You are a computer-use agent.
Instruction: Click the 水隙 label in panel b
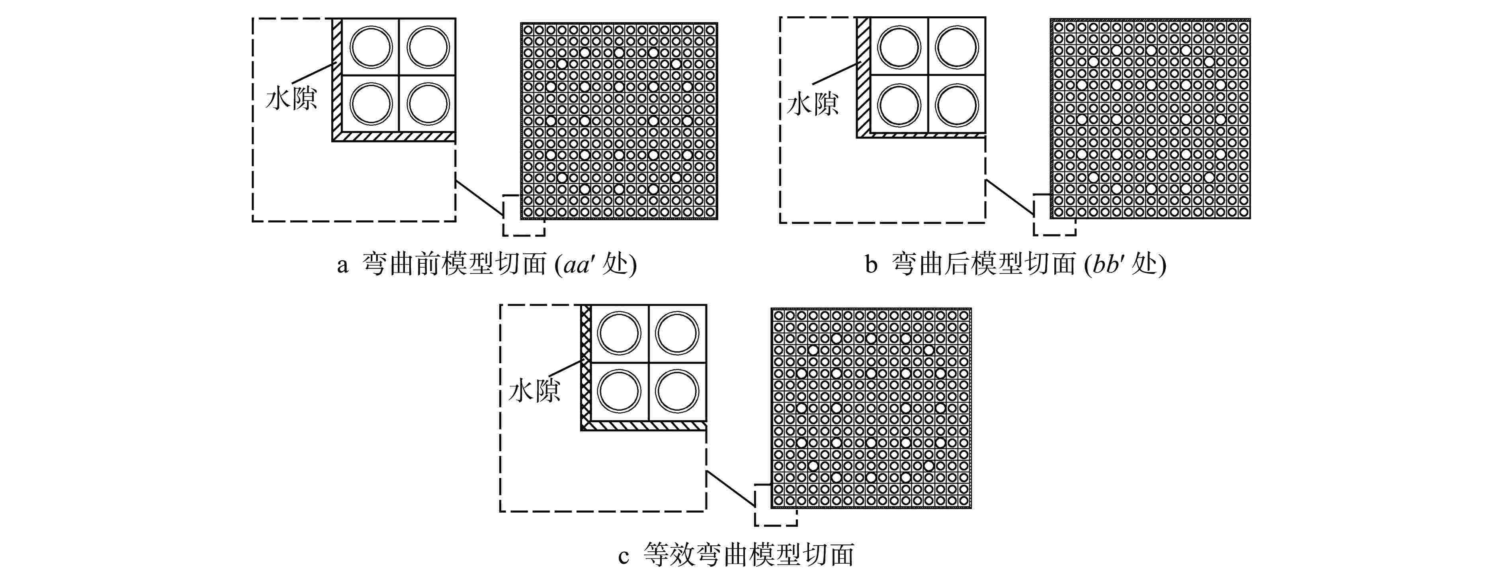click(x=813, y=104)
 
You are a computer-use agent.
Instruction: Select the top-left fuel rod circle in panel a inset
click(x=371, y=47)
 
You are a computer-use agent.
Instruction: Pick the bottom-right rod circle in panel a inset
click(x=428, y=104)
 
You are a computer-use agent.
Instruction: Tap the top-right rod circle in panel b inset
click(x=956, y=47)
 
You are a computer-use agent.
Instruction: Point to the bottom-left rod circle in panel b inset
click(x=899, y=105)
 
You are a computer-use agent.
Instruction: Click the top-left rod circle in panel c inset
click(x=619, y=333)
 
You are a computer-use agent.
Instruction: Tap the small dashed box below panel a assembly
click(x=524, y=216)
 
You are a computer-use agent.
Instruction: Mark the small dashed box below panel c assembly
click(x=775, y=506)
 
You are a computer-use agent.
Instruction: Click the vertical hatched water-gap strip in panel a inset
click(x=336, y=76)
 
